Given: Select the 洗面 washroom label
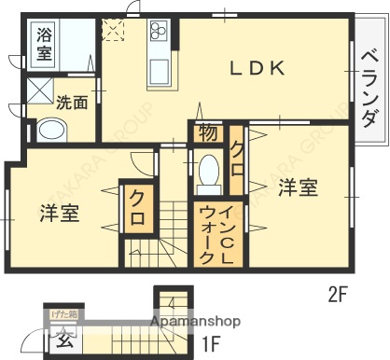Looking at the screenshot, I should click(72, 102).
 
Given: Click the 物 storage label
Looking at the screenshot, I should click(208, 132).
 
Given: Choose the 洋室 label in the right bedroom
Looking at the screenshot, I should click(298, 187).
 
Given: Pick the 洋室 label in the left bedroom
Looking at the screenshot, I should click(59, 213).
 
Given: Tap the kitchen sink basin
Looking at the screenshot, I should click(157, 71).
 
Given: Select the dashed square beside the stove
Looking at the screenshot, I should click(113, 30).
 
